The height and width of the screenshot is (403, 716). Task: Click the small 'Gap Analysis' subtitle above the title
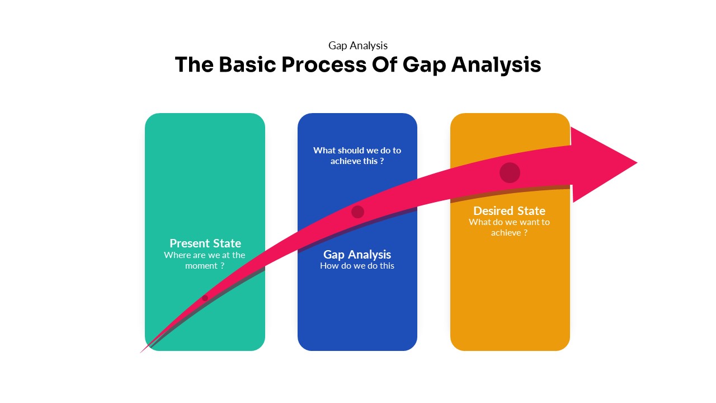coord(358,45)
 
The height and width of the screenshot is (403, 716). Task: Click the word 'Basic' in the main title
coord(248,65)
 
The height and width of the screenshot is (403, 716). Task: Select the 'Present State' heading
coord(205,243)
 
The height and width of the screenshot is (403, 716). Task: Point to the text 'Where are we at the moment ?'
coord(205,260)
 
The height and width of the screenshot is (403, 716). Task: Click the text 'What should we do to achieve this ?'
coord(357,156)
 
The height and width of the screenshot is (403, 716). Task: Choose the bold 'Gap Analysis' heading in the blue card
coord(357,255)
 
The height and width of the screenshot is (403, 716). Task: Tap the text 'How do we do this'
coord(357,266)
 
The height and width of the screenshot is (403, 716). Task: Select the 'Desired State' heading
coord(509,211)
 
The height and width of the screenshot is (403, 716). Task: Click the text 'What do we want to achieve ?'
coord(509,227)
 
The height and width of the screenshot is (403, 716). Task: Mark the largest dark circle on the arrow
coord(510,173)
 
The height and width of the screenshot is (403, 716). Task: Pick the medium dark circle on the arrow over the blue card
coord(357,212)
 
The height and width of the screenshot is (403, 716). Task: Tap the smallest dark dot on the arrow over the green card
coord(205,298)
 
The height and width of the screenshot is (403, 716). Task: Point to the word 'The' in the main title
coord(194,65)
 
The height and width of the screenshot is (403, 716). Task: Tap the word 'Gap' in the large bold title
coord(424,65)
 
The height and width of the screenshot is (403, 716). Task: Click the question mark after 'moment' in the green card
coord(222,266)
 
